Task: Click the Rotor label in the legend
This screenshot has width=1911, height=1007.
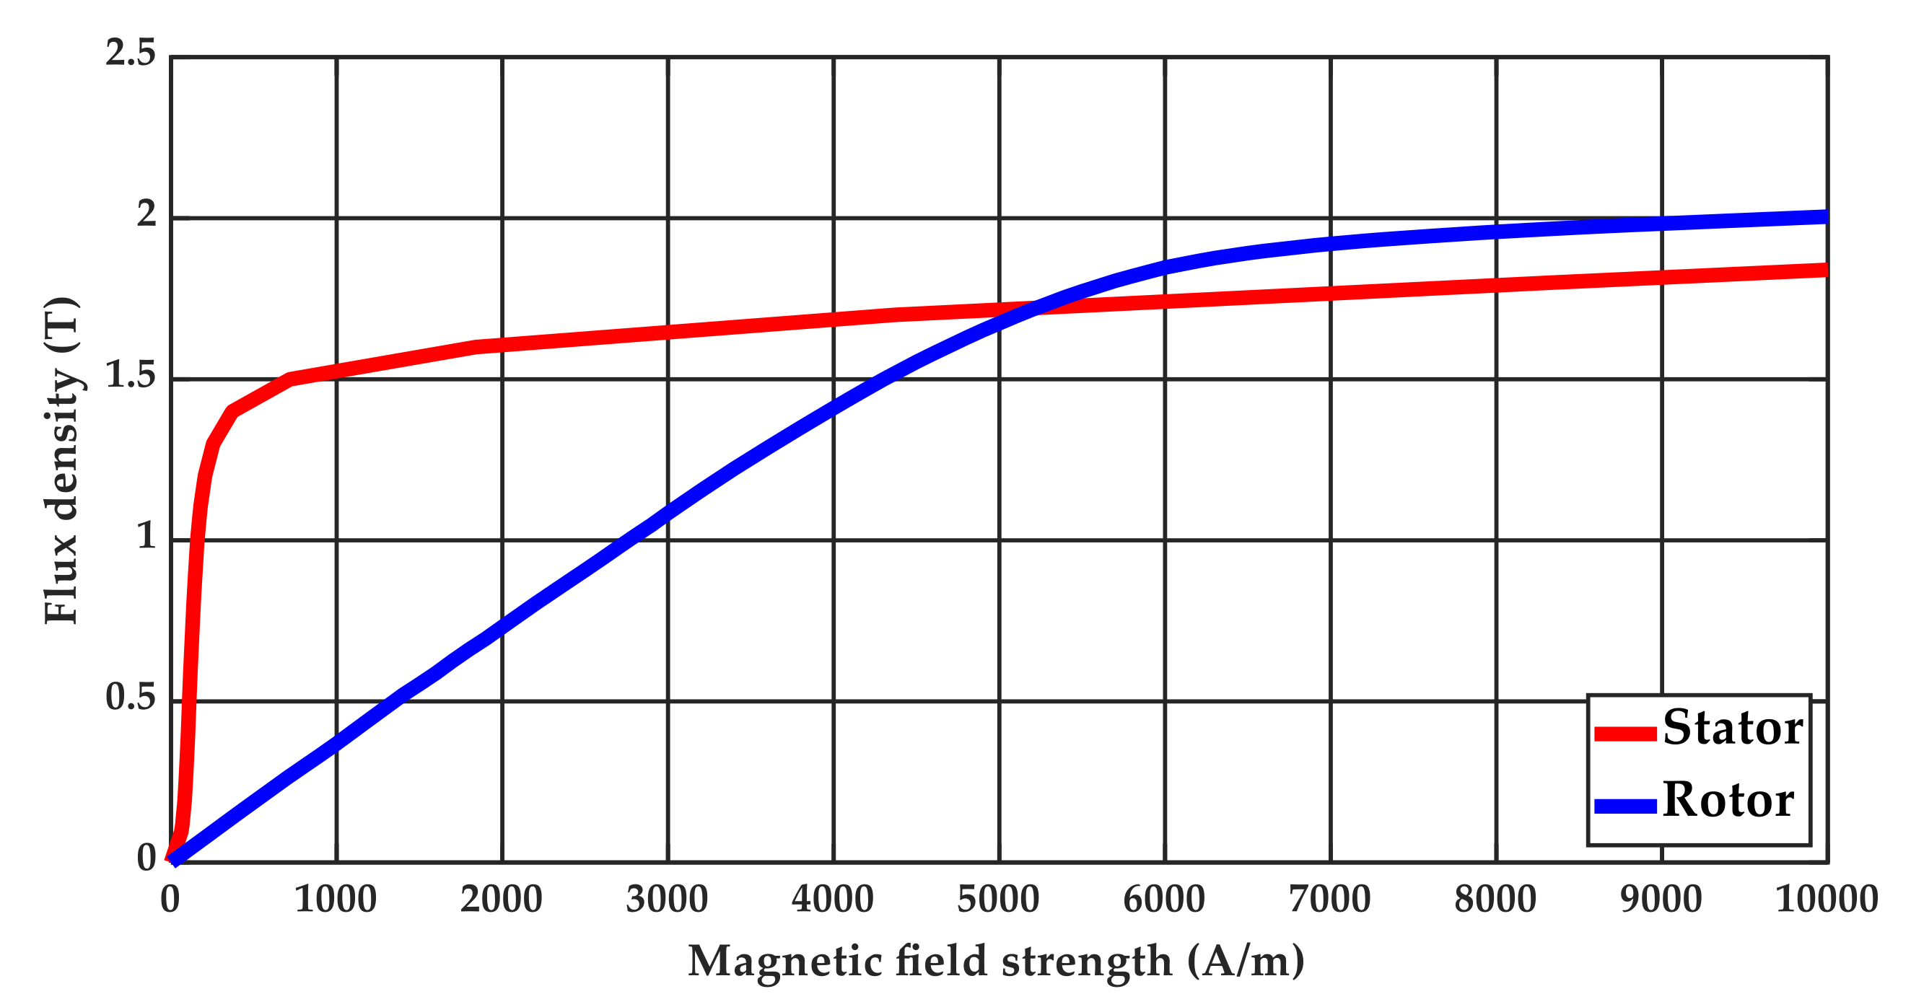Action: click(1728, 801)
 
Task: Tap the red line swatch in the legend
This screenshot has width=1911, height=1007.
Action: click(1625, 734)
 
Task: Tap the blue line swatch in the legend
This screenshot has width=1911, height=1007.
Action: click(1625, 806)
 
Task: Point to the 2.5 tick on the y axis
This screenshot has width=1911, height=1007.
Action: click(131, 53)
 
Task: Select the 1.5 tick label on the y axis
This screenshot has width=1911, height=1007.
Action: click(131, 376)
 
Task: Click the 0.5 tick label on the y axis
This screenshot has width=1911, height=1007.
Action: click(131, 698)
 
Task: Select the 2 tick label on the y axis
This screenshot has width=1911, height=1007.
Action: click(147, 214)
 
